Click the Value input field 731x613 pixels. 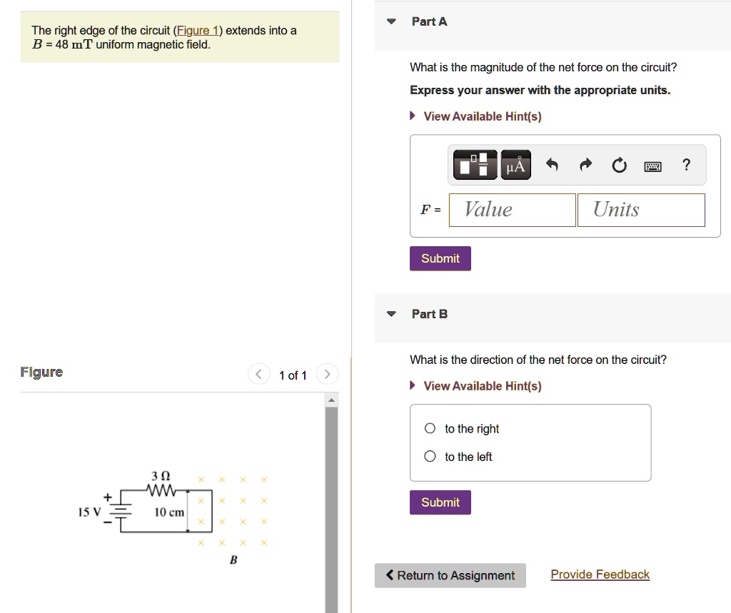click(x=512, y=210)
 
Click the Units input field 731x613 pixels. click(x=640, y=210)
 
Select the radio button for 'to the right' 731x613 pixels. click(x=430, y=429)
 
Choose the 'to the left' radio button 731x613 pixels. click(x=430, y=457)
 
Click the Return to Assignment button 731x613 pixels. click(x=450, y=576)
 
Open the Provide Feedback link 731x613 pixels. click(x=600, y=574)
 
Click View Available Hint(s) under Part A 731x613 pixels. click(x=482, y=116)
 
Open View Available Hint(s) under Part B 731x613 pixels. click(x=482, y=386)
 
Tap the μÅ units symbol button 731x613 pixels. click(x=515, y=166)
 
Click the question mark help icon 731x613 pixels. click(x=686, y=166)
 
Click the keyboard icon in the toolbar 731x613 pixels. click(x=652, y=167)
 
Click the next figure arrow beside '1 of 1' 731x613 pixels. click(x=327, y=374)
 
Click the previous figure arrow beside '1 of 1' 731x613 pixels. click(x=258, y=374)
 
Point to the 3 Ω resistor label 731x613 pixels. click(x=161, y=476)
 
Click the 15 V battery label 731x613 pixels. click(x=90, y=512)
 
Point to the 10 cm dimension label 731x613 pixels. click(x=169, y=512)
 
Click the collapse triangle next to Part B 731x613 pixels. click(x=390, y=314)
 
